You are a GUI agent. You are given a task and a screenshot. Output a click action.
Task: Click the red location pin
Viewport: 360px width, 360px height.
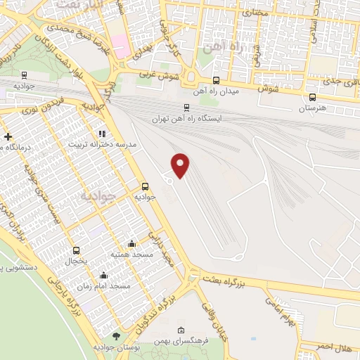click(x=181, y=165)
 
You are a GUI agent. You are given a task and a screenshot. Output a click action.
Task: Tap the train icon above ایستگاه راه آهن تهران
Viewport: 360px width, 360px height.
click(x=186, y=108)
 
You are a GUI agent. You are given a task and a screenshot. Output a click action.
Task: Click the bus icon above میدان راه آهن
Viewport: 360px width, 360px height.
click(x=216, y=80)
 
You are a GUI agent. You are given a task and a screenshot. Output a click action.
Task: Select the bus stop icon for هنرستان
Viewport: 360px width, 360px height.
click(x=312, y=98)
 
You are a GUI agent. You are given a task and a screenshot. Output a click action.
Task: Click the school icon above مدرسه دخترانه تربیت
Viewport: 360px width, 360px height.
click(x=102, y=133)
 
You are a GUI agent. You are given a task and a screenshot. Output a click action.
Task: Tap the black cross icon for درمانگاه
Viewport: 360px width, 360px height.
click(x=8, y=136)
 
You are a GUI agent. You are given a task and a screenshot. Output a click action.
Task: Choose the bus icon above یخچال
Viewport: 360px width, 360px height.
click(x=76, y=250)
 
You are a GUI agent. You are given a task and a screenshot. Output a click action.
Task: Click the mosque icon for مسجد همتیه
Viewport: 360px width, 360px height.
click(x=131, y=243)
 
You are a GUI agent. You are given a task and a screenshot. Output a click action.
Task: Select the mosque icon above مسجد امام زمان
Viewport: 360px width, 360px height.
click(x=104, y=275)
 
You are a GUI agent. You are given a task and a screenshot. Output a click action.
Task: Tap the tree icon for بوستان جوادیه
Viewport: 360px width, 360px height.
click(x=116, y=336)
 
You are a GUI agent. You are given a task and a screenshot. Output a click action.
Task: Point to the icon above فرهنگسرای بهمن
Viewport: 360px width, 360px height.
click(x=181, y=330)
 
